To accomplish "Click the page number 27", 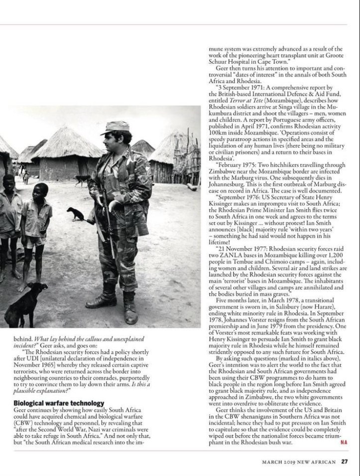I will click(x=345, y=461).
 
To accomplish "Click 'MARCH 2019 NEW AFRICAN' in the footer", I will click(x=300, y=461).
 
